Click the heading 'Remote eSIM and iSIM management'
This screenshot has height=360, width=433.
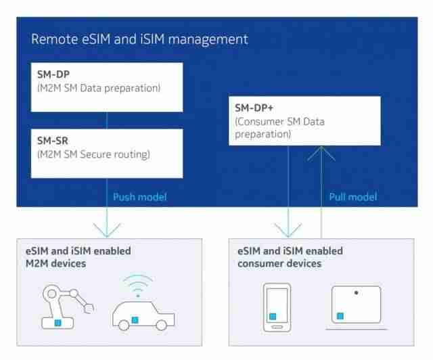pyautogui.click(x=140, y=39)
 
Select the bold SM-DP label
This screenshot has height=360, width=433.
pyautogui.click(x=53, y=74)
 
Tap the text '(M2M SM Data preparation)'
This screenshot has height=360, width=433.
pyautogui.click(x=99, y=88)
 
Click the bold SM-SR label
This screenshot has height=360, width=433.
pyautogui.click(x=53, y=141)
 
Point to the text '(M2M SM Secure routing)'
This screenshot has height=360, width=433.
pyautogui.click(x=93, y=154)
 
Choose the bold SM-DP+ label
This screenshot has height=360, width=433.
pyautogui.click(x=254, y=108)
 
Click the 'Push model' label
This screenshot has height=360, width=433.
pyautogui.click(x=140, y=197)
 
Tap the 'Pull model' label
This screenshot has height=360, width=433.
pyautogui.click(x=353, y=197)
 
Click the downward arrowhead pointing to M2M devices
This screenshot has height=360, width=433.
pyautogui.click(x=107, y=231)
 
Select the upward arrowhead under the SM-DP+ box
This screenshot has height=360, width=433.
pyautogui.click(x=321, y=154)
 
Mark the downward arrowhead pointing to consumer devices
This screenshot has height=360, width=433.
pyautogui.click(x=288, y=231)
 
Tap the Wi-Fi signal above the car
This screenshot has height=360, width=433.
pyautogui.click(x=138, y=285)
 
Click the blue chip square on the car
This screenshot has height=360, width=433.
pyautogui.click(x=135, y=320)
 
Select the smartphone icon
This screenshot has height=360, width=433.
pyautogui.click(x=277, y=307)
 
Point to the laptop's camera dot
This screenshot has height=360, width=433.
pyautogui.click(x=357, y=292)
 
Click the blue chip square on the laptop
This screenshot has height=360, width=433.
pyautogui.click(x=340, y=316)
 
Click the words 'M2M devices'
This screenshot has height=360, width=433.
pyautogui.click(x=55, y=264)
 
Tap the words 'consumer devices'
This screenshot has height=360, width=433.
pyautogui.click(x=279, y=264)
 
